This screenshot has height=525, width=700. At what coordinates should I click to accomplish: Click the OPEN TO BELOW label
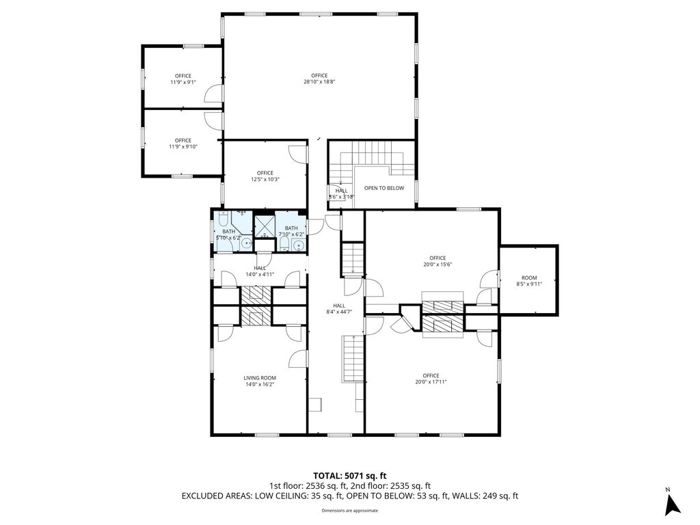pyautogui.click(x=383, y=188)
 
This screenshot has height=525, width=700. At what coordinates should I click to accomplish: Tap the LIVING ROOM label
pyautogui.click(x=260, y=381)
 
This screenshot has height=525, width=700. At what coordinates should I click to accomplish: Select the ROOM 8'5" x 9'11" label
pyautogui.click(x=529, y=280)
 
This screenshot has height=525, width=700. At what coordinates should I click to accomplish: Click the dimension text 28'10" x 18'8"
pyautogui.click(x=319, y=81)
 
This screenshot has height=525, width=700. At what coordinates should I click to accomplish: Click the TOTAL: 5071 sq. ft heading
pyautogui.click(x=350, y=475)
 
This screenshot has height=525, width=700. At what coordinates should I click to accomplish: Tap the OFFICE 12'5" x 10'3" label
pyautogui.click(x=265, y=176)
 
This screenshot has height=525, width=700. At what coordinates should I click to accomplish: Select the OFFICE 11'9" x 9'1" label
pyautogui.click(x=183, y=79)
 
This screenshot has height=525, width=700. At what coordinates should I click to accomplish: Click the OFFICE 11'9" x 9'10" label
pyautogui.click(x=183, y=143)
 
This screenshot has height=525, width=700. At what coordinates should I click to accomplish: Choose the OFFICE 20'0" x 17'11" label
pyautogui.click(x=431, y=378)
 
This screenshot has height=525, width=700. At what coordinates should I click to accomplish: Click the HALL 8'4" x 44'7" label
pyautogui.click(x=339, y=308)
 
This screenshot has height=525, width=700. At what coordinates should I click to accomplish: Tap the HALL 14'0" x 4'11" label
pyautogui.click(x=260, y=271)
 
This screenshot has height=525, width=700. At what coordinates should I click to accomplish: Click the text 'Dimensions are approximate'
pyautogui.click(x=350, y=510)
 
